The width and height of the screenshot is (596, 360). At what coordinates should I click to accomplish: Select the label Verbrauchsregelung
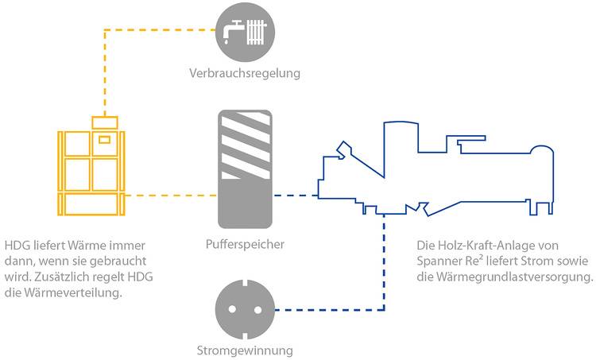click(x=246, y=74)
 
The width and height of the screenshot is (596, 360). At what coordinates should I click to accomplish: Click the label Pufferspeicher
click(x=246, y=243)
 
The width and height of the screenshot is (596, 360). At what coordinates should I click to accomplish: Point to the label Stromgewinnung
click(x=245, y=350)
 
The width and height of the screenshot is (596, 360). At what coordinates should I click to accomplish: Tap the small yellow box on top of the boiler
click(x=105, y=122)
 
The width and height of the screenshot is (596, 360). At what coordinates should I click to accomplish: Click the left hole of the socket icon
click(x=236, y=309)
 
